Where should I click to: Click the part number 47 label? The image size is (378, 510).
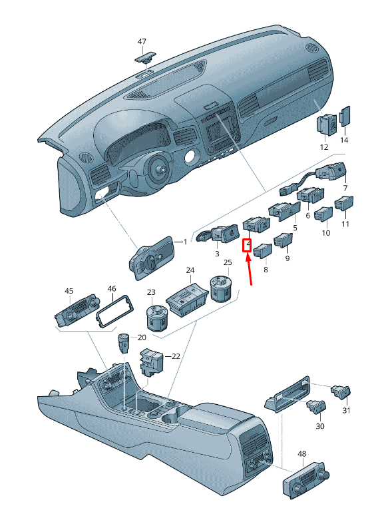pyautogui.click(x=142, y=42)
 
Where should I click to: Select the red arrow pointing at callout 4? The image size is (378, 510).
pyautogui.click(x=250, y=269)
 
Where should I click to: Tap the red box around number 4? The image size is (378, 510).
pyautogui.click(x=247, y=245)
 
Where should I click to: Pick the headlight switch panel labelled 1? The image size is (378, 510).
pyautogui.click(x=152, y=258)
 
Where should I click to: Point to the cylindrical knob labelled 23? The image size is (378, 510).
pyautogui.click(x=156, y=318)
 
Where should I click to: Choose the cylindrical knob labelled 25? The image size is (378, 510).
pyautogui.click(x=222, y=288)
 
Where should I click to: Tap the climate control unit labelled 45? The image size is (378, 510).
pyautogui.click(x=77, y=312)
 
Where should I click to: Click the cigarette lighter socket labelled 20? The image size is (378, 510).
pyautogui.click(x=124, y=343)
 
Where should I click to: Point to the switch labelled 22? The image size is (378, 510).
pyautogui.click(x=152, y=362)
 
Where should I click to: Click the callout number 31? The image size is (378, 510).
pyautogui.click(x=346, y=411)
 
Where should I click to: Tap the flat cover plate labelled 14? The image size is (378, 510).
pyautogui.click(x=345, y=116)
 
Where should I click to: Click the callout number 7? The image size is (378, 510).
pyautogui.click(x=345, y=188)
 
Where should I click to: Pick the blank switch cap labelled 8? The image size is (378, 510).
pyautogui.click(x=263, y=250)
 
